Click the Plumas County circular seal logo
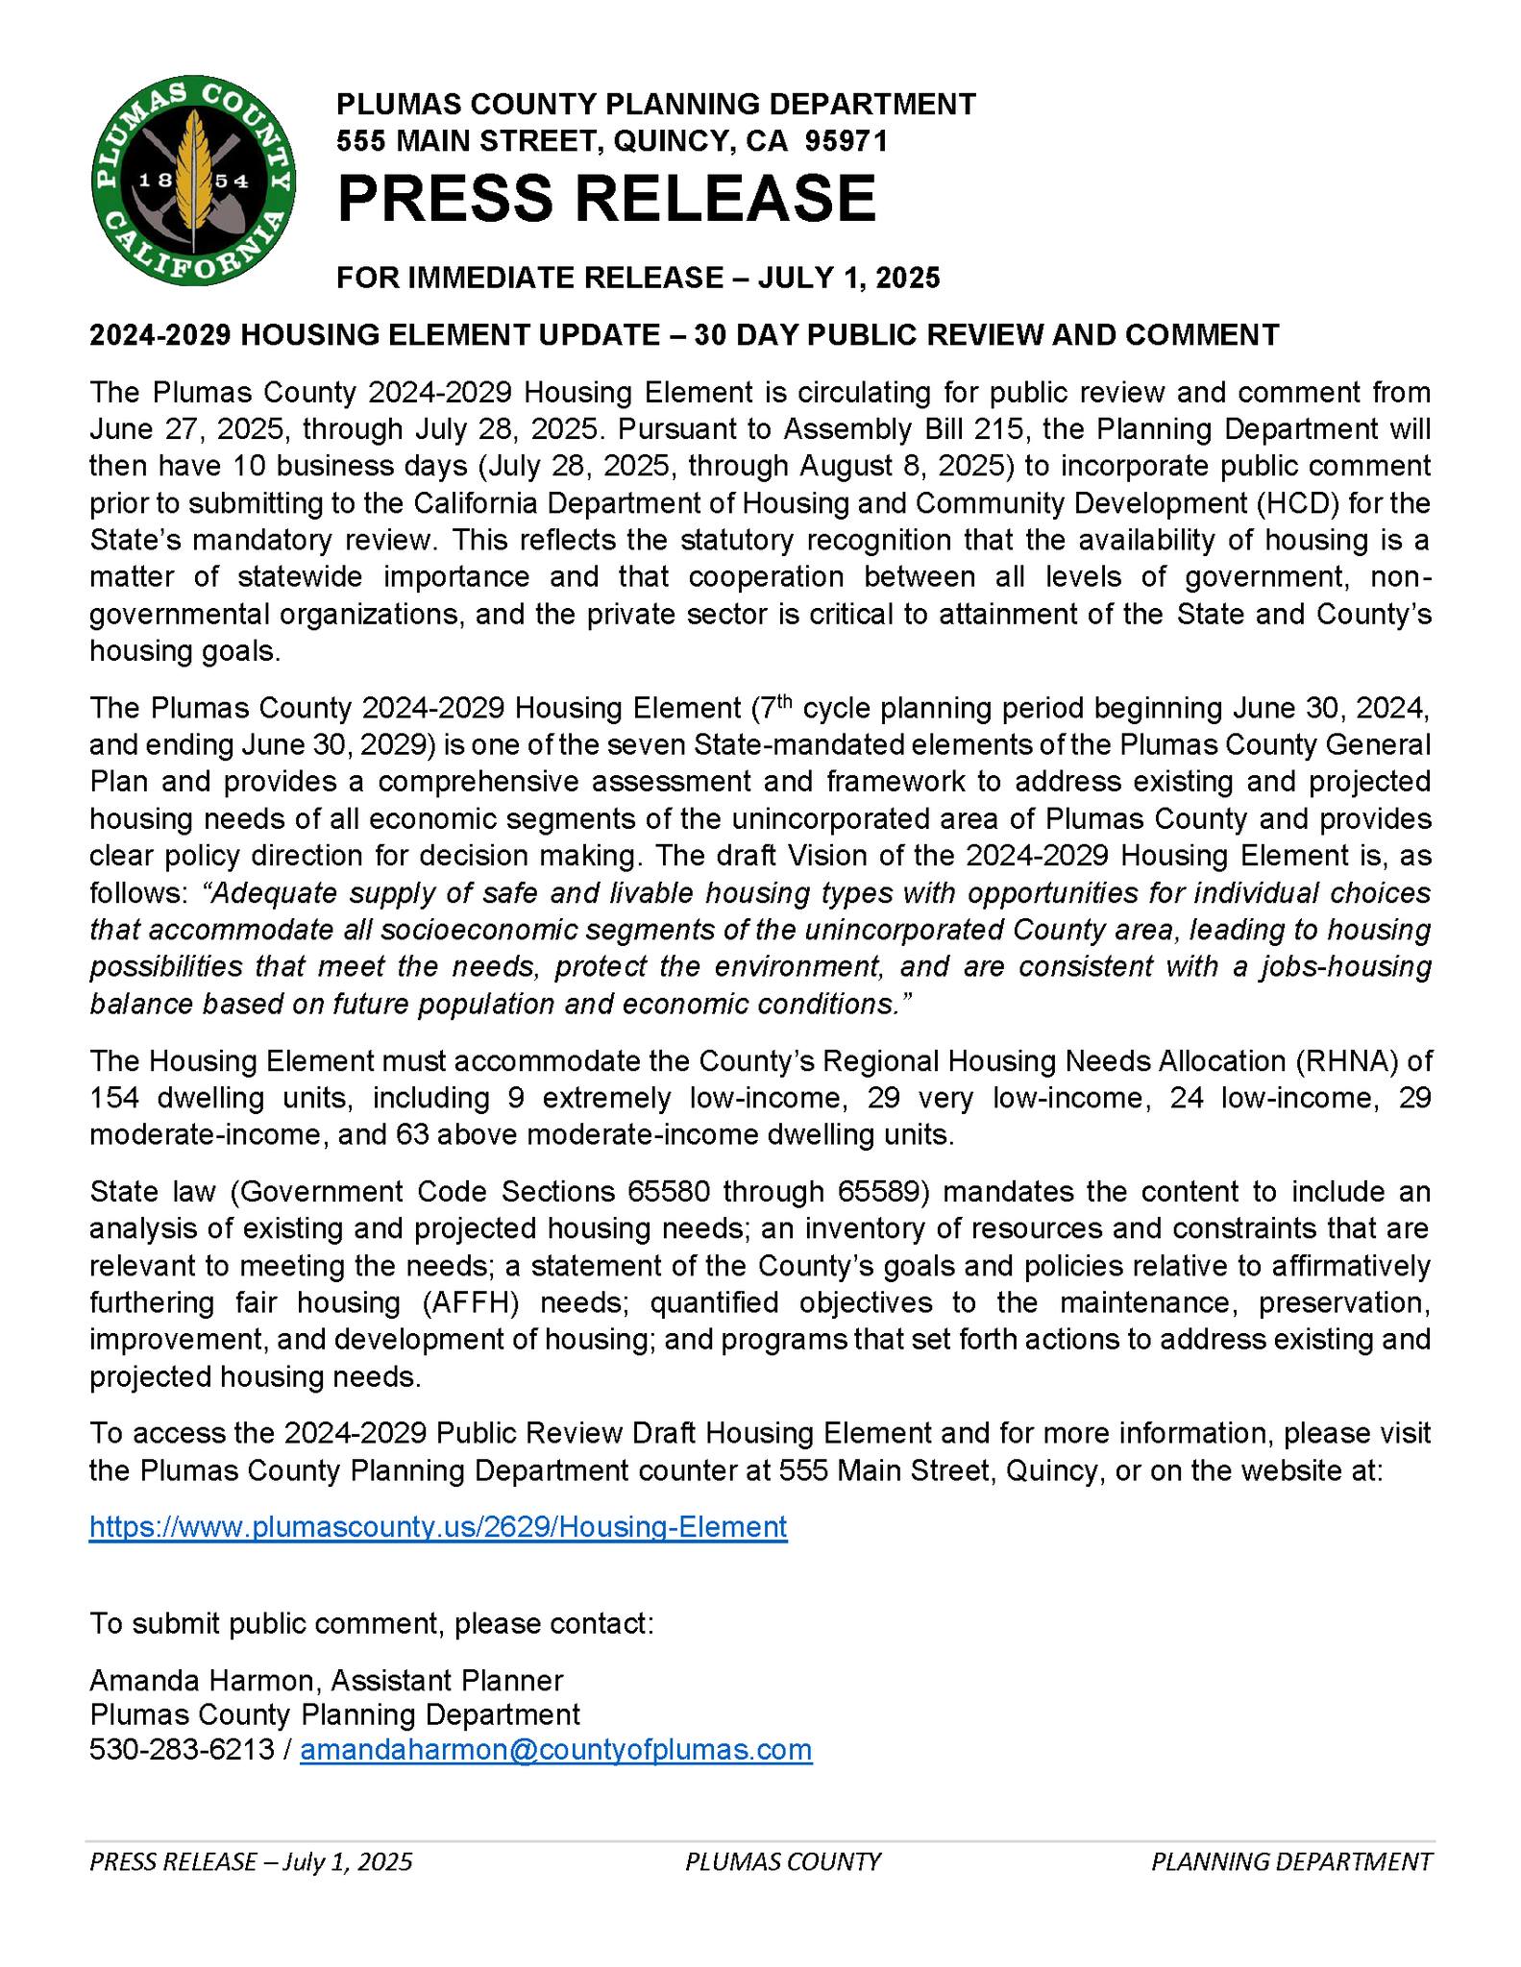click(193, 180)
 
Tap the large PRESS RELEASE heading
click(606, 198)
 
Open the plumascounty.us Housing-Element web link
click(438, 1526)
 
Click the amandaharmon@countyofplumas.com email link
click(556, 1749)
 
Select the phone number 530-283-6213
click(182, 1749)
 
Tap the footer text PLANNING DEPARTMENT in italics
click(1291, 1861)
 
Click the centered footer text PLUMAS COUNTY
click(783, 1861)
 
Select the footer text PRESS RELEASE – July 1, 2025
click(251, 1861)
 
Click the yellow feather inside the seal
click(195, 173)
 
